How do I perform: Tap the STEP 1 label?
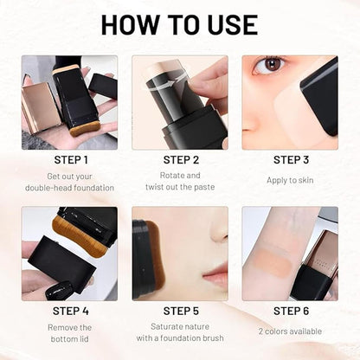tap(69, 159)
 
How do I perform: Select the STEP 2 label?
tap(180, 159)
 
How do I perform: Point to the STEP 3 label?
tap(290, 159)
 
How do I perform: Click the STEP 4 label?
tap(69, 311)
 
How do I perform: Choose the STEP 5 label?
tap(180, 311)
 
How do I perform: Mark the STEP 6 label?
tap(290, 311)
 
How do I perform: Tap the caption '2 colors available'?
tap(290, 331)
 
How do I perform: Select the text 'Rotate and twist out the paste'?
tap(180, 181)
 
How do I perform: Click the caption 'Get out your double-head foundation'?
tap(69, 181)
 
